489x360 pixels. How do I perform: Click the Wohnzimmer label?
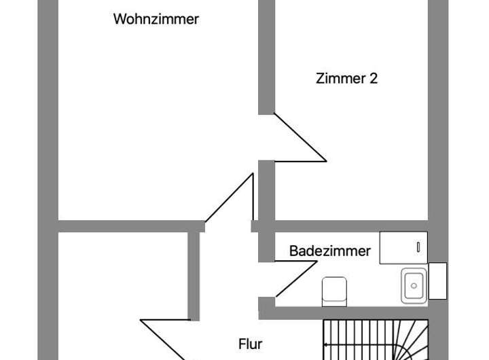(x=156, y=19)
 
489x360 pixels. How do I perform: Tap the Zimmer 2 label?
(x=346, y=78)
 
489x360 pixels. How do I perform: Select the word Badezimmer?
(x=330, y=251)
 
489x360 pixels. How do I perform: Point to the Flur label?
(x=251, y=344)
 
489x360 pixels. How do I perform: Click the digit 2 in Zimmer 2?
(x=374, y=78)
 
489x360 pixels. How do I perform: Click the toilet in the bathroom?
(x=334, y=291)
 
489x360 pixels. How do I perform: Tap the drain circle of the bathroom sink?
(x=414, y=286)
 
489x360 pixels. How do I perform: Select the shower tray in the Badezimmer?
(x=403, y=247)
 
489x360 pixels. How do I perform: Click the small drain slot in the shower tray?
(x=418, y=247)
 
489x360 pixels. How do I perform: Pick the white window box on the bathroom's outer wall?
(x=437, y=281)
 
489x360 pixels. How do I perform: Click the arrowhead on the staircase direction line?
(x=325, y=345)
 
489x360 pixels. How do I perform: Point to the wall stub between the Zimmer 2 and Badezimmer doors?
(x=266, y=211)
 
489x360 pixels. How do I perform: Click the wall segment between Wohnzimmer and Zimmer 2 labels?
(x=266, y=57)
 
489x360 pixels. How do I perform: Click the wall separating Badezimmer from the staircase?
(x=344, y=313)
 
